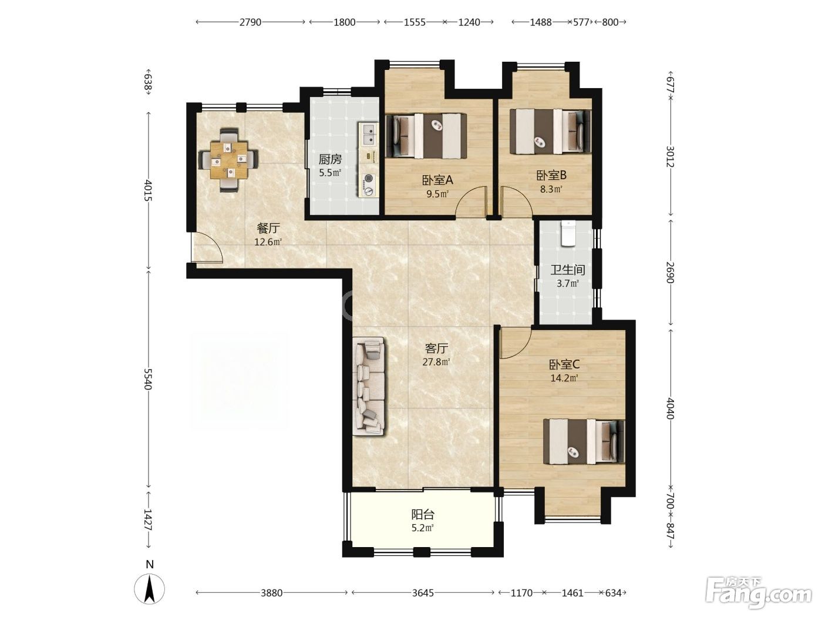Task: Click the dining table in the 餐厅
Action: (228, 160)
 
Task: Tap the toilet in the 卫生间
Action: (568, 233)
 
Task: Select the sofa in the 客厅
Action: (369, 386)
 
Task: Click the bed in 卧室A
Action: (426, 136)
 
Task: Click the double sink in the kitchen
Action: (369, 135)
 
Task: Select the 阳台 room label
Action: (423, 514)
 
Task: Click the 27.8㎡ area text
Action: (436, 362)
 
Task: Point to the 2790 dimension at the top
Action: (250, 22)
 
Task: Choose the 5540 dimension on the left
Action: (149, 379)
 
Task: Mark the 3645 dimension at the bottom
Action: (423, 593)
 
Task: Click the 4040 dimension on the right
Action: (671, 409)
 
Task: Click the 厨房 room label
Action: (330, 160)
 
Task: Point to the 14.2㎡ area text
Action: (564, 378)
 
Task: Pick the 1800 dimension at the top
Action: (345, 22)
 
